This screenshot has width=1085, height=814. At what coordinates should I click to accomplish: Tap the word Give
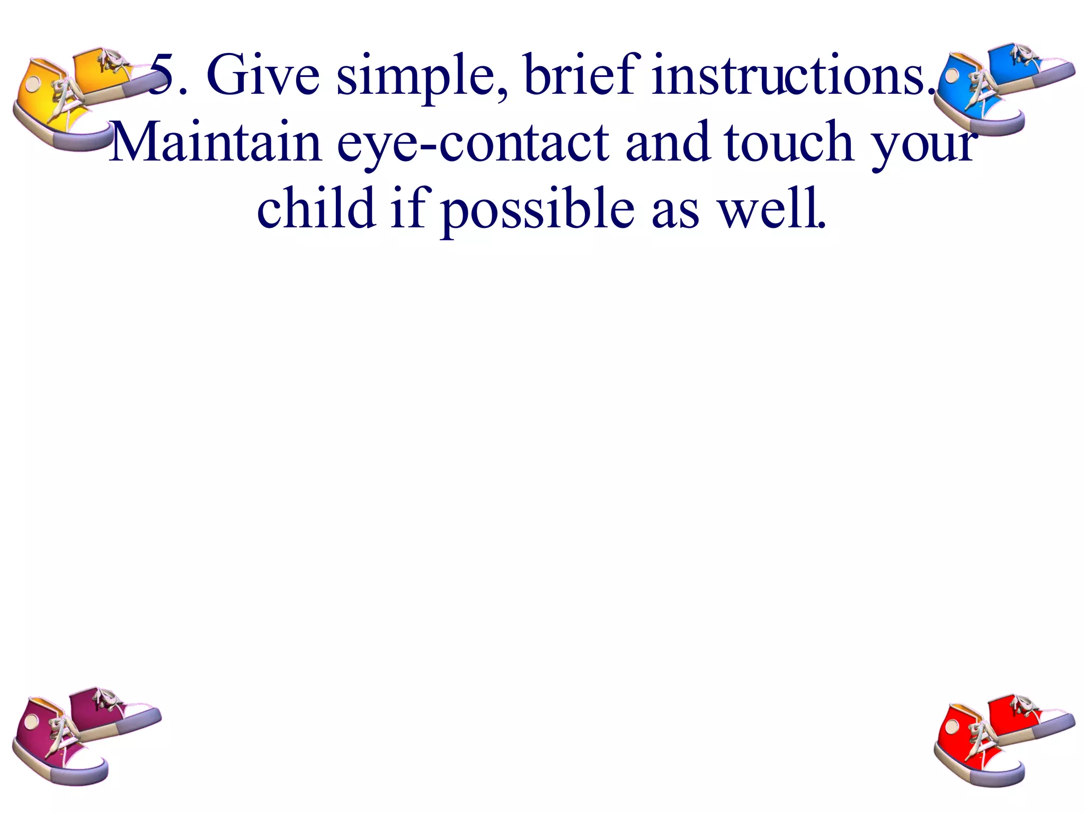(x=263, y=76)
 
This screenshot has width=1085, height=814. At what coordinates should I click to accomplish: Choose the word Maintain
(x=216, y=142)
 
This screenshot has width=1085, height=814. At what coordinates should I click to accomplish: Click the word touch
(x=789, y=142)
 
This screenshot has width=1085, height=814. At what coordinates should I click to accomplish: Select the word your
(x=924, y=146)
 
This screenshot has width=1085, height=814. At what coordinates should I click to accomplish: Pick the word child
(x=316, y=208)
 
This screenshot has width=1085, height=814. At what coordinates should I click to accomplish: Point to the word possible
(x=537, y=210)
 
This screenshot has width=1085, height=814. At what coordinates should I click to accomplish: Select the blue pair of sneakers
(x=996, y=87)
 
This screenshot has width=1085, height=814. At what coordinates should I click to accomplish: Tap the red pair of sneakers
(x=996, y=739)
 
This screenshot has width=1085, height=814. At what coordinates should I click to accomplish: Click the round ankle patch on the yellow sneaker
(x=33, y=84)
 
